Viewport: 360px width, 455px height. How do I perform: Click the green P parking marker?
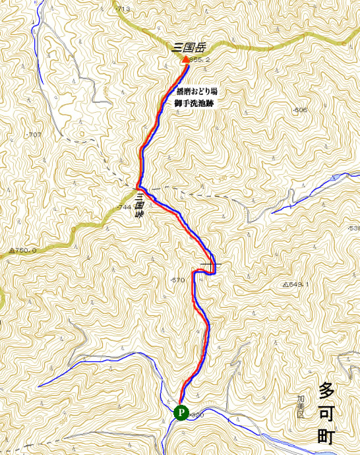point(181,413)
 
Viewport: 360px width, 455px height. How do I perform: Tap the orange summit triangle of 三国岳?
point(185,59)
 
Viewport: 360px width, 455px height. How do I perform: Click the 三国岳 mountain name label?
point(189,47)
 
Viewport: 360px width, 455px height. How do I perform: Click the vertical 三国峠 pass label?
point(140,206)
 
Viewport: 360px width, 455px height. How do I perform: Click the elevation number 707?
point(34,135)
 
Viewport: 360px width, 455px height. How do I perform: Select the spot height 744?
point(124,208)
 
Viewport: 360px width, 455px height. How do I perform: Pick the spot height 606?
point(300,110)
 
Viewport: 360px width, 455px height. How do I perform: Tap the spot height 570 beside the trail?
point(178,280)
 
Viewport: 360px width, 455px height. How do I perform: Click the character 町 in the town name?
point(326,436)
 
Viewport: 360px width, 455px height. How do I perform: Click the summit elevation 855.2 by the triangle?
point(200,60)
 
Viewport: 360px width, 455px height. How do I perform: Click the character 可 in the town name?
point(326,413)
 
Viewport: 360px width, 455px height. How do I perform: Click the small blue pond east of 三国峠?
point(337,177)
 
